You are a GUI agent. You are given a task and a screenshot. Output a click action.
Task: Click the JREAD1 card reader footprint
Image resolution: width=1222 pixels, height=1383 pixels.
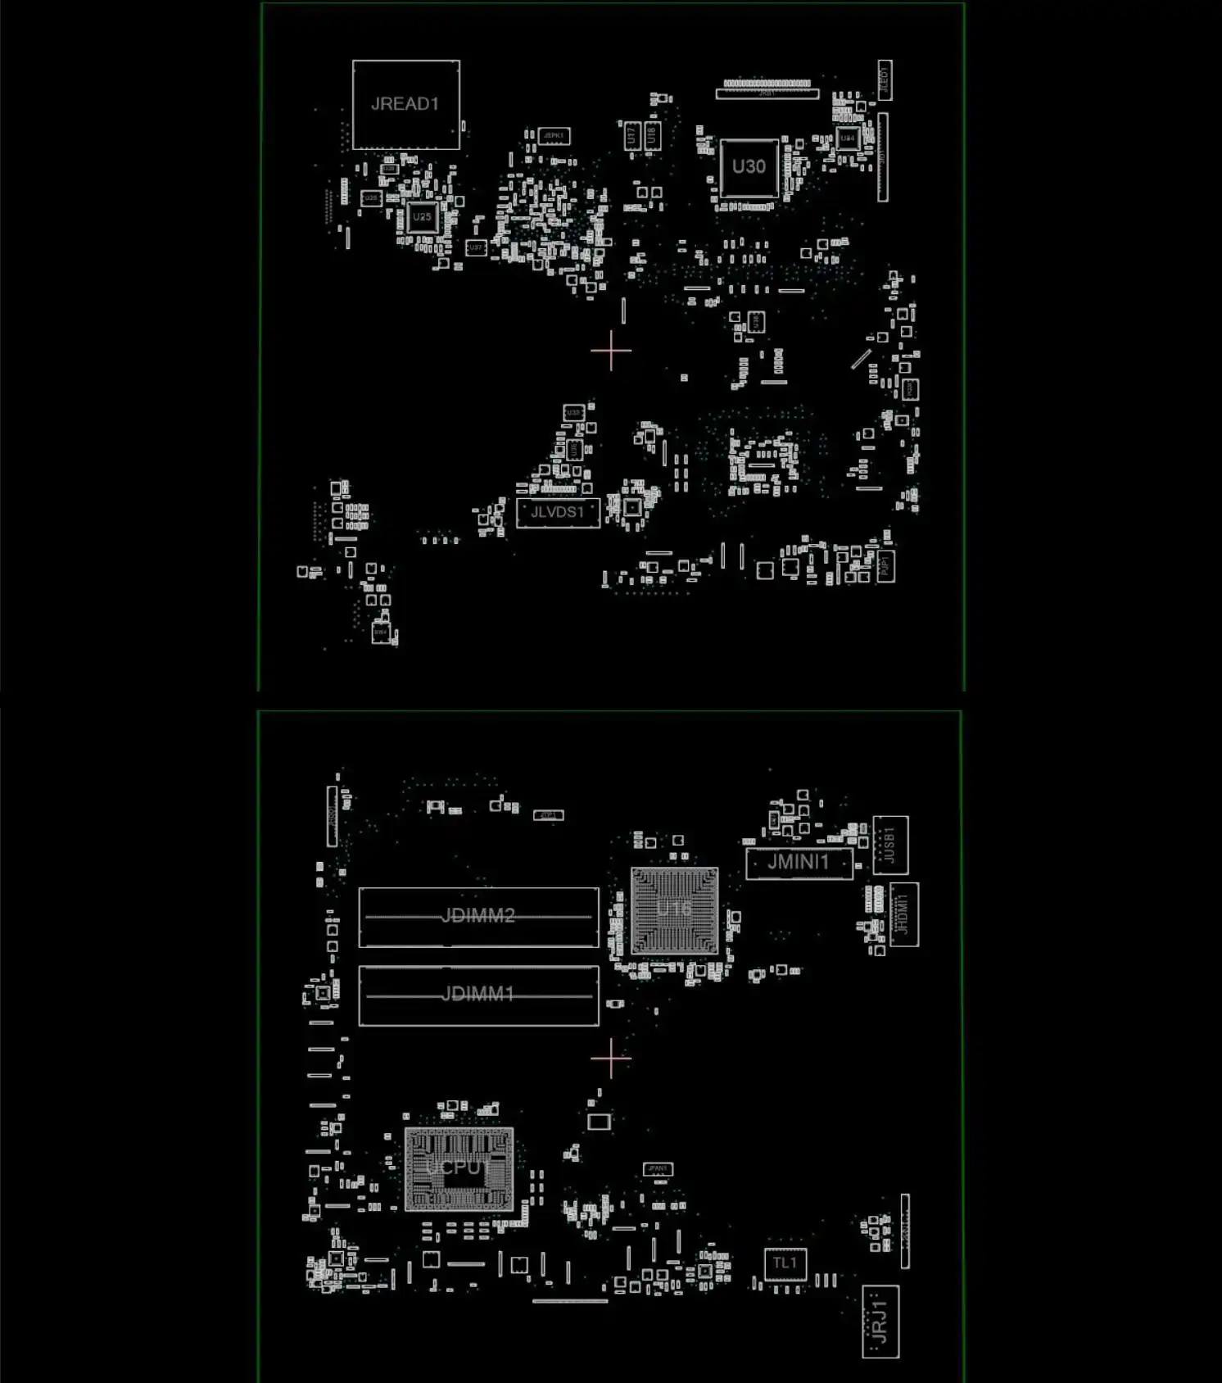tap(405, 105)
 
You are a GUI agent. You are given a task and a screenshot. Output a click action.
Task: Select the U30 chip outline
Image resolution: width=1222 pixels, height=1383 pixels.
tap(749, 167)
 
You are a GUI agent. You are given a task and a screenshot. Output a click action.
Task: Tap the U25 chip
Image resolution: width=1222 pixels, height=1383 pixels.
tap(422, 217)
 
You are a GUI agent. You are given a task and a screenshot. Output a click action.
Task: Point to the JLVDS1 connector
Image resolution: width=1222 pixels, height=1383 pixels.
tap(558, 513)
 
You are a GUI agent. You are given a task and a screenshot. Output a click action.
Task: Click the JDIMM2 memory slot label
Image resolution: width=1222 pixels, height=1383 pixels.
tap(478, 915)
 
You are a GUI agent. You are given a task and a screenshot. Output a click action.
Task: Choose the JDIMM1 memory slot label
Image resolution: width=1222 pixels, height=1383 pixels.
tap(478, 995)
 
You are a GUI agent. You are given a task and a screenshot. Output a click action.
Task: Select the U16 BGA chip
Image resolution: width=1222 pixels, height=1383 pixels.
tap(674, 910)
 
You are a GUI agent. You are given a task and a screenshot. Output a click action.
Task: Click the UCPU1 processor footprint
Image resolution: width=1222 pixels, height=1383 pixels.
tap(459, 1168)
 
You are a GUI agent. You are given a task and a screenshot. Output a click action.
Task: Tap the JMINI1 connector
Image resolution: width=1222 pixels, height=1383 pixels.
tap(799, 863)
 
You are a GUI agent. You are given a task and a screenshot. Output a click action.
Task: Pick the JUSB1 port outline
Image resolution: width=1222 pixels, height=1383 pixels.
tap(890, 845)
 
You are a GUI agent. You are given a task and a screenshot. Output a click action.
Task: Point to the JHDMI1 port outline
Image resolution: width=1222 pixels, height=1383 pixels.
tap(903, 914)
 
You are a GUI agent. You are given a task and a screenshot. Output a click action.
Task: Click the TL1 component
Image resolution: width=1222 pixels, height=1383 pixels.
tap(785, 1263)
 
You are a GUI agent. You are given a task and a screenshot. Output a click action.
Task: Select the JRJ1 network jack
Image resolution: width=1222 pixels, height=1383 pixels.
tap(880, 1321)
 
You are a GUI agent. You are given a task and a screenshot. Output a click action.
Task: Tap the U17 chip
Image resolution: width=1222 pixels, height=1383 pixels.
tap(631, 135)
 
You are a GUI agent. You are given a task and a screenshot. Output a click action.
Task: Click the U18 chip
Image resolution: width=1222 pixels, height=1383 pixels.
tap(652, 135)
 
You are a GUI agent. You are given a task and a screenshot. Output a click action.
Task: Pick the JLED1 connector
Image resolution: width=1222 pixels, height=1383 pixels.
tap(885, 80)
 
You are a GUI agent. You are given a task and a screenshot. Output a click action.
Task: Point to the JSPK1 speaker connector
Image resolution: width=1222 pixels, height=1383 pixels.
tap(554, 136)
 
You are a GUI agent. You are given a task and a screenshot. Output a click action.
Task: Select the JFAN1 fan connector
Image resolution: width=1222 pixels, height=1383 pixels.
tap(658, 1169)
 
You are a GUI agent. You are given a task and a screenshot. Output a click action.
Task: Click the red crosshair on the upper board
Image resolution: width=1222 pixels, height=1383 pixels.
tap(611, 351)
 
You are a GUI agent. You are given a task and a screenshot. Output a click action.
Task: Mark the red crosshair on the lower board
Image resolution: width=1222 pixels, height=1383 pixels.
tap(611, 1058)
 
